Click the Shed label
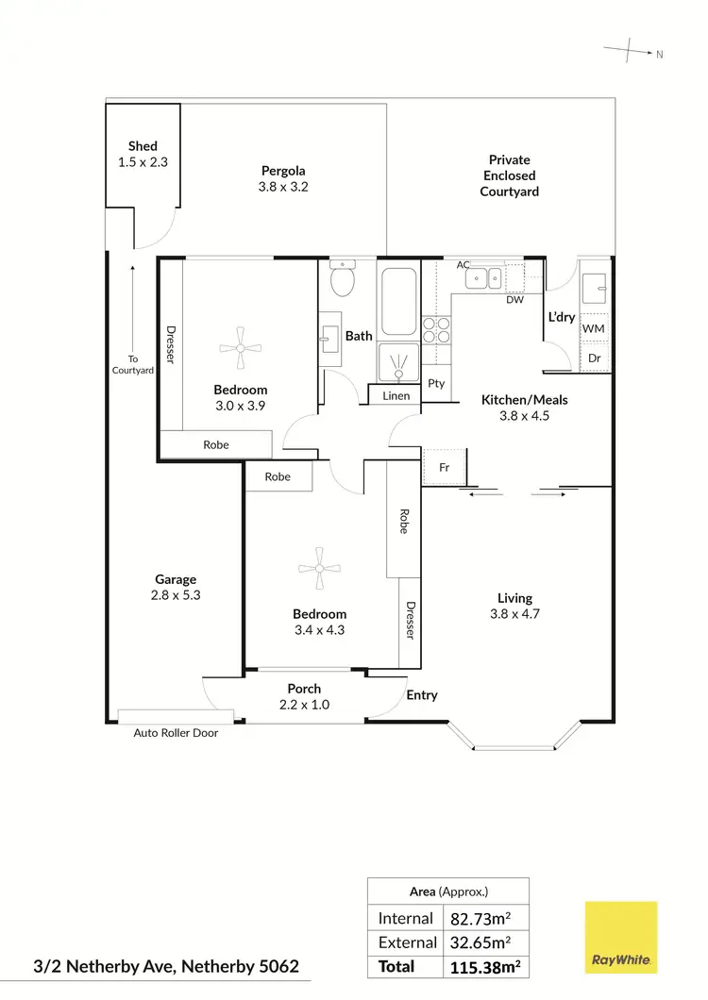(143, 146)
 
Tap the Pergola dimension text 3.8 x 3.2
(283, 187)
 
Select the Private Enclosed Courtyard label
(509, 175)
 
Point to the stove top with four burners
(436, 329)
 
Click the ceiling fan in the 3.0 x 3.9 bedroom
(241, 347)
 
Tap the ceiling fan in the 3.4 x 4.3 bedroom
(319, 568)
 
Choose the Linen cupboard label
(396, 395)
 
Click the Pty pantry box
(436, 383)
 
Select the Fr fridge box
(444, 467)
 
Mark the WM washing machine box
(594, 327)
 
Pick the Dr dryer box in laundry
(594, 358)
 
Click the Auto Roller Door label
(177, 732)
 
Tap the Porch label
(304, 689)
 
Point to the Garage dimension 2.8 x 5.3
(177, 595)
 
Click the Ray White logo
(620, 937)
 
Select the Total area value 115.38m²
(483, 967)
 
